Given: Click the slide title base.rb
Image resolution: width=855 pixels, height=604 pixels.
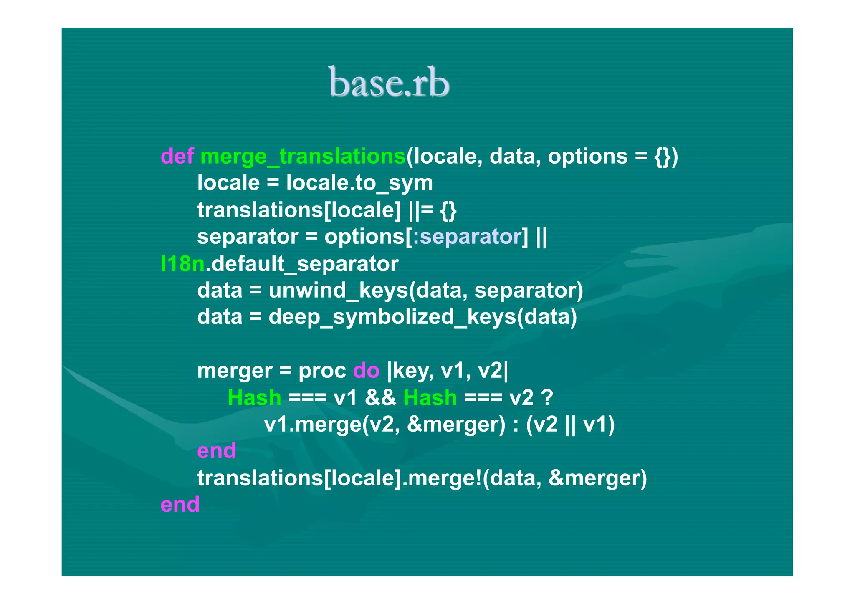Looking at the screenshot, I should pos(389,82).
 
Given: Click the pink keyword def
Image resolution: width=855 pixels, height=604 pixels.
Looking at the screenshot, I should pos(177,157).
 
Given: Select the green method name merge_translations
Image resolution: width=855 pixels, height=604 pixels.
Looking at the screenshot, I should pos(303,157).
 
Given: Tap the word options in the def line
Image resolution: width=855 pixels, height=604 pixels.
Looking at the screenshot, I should pos(587,157).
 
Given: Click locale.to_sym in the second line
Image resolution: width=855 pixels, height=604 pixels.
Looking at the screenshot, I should pos(359,183).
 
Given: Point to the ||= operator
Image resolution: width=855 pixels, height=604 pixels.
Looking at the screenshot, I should pos(421,210).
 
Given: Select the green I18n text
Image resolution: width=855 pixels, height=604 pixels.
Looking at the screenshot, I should pos(182,264).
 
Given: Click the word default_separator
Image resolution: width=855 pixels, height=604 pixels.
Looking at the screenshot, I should pos(305,264).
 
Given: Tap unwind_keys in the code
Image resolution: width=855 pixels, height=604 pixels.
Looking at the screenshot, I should pos(338,290).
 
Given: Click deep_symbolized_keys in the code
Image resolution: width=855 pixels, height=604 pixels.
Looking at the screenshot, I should pos(392,317).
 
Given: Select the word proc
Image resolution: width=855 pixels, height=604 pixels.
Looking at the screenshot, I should pos(322,371).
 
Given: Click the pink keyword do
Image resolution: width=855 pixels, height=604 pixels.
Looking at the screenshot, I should pos(366,371).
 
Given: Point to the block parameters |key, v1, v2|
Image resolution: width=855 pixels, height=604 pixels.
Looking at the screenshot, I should pos(448,371).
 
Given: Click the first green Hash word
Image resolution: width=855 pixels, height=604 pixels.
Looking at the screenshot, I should pos(254,397).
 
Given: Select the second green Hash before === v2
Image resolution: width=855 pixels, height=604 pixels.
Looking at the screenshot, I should pos(430,397).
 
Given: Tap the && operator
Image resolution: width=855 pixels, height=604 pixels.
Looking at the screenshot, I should pos(380,397).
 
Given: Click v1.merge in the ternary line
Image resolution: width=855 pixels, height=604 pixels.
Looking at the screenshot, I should pos(312,425).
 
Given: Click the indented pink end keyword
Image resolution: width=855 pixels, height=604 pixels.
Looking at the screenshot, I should pos(216,451).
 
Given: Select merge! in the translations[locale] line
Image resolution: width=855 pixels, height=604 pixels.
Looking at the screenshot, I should pos(445,478).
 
